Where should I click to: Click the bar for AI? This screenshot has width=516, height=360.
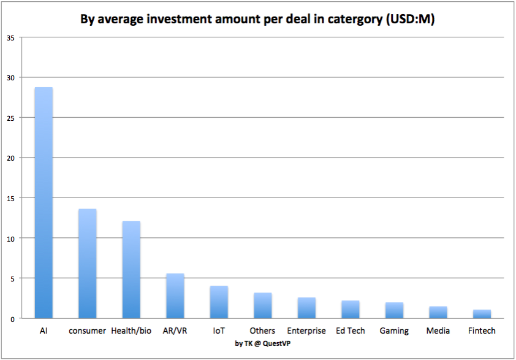coord(44,202)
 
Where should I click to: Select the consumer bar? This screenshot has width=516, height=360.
coord(88,264)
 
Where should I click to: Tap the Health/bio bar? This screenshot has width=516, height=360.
coord(131,269)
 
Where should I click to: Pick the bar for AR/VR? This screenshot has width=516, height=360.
coord(175,296)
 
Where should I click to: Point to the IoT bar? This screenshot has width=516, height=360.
coord(219,302)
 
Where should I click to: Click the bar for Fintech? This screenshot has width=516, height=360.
coord(482,314)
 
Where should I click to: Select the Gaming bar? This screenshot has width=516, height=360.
coord(394,310)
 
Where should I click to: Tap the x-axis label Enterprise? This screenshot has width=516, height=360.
coord(306,331)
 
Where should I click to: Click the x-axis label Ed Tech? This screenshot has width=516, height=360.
coord(351,331)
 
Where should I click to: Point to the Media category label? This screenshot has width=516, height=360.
coord(438,331)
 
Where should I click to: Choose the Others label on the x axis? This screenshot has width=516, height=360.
coord(262,331)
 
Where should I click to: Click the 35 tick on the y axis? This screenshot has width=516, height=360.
coord(10,37)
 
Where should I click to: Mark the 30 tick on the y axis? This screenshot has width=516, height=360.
coord(10,78)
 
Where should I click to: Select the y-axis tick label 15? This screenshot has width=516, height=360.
coord(10,198)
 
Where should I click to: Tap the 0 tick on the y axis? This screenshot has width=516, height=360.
coord(12,318)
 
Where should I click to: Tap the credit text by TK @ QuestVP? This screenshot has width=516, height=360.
coord(262,343)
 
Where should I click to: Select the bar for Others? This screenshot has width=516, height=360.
coord(262,305)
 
